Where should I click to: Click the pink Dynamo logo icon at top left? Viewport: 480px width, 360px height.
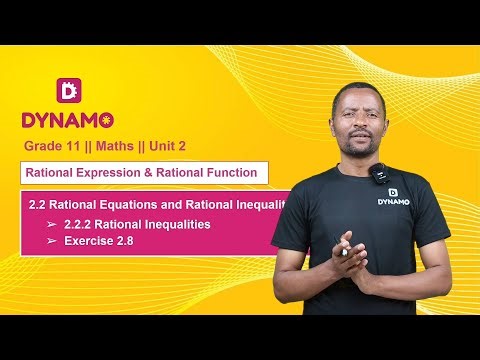click(x=68, y=90)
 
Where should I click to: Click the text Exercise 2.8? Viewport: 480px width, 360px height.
click(x=99, y=241)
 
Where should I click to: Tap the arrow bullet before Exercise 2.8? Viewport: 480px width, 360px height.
click(x=51, y=241)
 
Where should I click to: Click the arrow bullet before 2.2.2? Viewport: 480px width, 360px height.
click(x=51, y=225)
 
